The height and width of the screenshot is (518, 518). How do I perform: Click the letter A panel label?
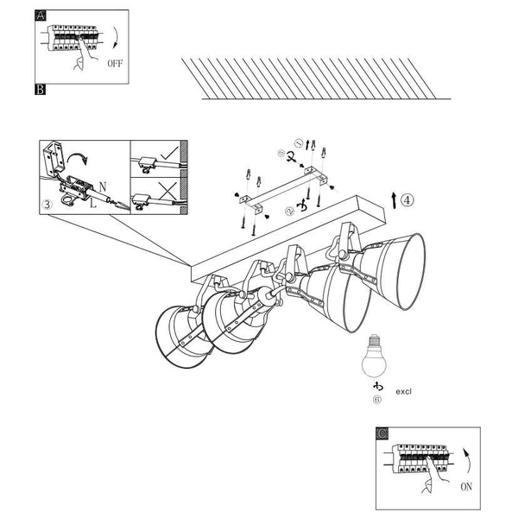(41, 16)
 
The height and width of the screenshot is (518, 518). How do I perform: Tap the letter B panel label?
(40, 89)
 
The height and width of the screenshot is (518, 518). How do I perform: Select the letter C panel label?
(382, 433)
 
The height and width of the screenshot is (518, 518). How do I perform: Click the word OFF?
(115, 63)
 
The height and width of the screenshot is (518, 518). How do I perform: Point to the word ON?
(466, 487)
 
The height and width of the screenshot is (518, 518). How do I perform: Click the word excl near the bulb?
(403, 391)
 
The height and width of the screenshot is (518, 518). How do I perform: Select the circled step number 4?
(407, 200)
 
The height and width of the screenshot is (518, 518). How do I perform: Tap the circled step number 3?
(47, 205)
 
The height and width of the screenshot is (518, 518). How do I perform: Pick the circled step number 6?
(376, 400)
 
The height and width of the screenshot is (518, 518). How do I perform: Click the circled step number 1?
(299, 143)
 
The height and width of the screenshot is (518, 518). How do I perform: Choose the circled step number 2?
(289, 211)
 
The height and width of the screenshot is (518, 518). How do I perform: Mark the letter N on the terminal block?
(103, 187)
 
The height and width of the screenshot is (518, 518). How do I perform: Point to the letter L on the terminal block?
(93, 203)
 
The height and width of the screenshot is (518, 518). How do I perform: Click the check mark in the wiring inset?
(169, 154)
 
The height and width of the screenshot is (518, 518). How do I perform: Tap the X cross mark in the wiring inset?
(167, 191)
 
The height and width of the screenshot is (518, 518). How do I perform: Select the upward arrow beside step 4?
(394, 200)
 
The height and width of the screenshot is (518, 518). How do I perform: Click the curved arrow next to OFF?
(117, 38)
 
